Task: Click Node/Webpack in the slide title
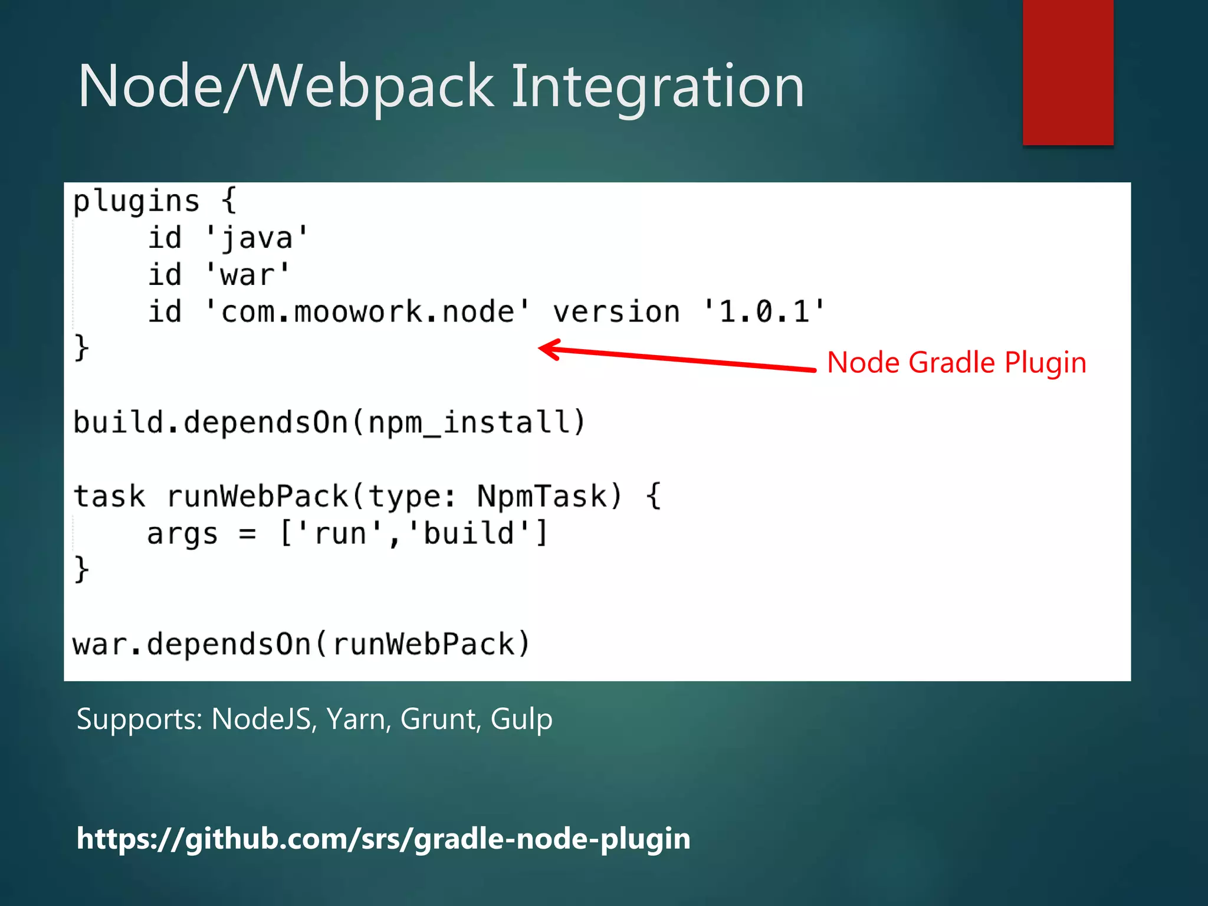[285, 87]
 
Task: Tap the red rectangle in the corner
[1068, 72]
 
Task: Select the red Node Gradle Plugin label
[956, 362]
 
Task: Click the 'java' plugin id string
[257, 238]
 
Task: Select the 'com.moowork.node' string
[367, 312]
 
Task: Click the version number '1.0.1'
[764, 312]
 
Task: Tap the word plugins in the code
[136, 202]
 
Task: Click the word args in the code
[182, 534]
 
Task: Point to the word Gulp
[521, 719]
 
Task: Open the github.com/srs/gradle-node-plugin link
[383, 838]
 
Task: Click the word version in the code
[616, 312]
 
